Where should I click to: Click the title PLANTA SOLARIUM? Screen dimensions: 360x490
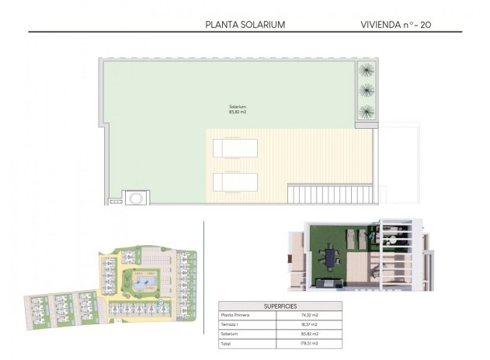point(245,24)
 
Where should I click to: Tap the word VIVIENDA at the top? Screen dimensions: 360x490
point(380,24)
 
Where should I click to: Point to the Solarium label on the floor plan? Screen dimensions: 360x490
point(238,106)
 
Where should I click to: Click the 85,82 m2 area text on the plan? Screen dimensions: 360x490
point(238,112)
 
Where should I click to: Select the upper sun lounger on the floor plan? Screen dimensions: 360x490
point(235,147)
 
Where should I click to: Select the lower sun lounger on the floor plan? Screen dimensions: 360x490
point(235,182)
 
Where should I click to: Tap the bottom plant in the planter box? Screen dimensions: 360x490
point(367,110)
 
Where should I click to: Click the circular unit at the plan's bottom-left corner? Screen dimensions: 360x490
point(137,197)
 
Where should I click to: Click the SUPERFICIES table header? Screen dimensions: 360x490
point(280,306)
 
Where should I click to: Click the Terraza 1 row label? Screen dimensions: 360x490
point(232,324)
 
